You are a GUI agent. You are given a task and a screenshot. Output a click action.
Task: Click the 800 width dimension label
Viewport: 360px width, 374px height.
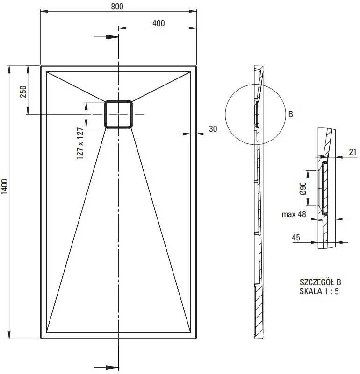pyautogui.click(x=117, y=6)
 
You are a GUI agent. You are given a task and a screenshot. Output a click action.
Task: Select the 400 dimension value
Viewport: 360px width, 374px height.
pyautogui.click(x=158, y=23)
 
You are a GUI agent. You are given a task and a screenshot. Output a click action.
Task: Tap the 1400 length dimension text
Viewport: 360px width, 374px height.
pyautogui.click(x=5, y=186)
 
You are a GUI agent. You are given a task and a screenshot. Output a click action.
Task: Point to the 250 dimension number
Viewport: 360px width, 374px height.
pyautogui.click(x=23, y=92)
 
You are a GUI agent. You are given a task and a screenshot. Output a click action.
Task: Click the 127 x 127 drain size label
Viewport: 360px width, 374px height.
pyautogui.click(x=80, y=143)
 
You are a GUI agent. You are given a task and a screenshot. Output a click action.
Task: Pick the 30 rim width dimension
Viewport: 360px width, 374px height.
pyautogui.click(x=213, y=129)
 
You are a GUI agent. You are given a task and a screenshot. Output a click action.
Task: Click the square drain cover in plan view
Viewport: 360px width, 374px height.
pyautogui.click(x=118, y=114)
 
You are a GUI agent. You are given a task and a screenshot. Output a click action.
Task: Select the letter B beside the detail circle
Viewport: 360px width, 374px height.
pyautogui.click(x=290, y=114)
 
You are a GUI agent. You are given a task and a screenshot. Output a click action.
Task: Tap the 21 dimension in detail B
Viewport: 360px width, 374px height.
pyautogui.click(x=353, y=152)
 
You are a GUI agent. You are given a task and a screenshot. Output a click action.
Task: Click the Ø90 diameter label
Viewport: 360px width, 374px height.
pyautogui.click(x=303, y=189)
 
